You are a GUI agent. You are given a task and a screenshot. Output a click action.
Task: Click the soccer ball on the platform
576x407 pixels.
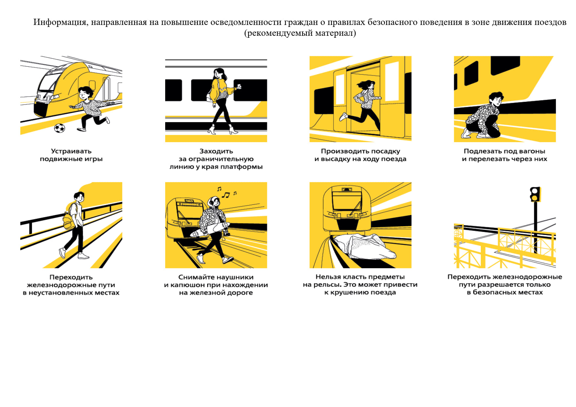tap(59, 128)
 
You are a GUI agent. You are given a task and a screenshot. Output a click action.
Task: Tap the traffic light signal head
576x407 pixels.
tap(535, 194)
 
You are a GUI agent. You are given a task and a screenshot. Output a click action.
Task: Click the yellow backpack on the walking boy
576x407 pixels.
tap(69, 221)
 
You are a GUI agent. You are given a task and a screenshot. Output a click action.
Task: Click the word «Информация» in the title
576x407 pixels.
tap(61, 22)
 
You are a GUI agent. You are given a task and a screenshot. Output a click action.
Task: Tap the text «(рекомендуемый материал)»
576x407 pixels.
tap(300, 33)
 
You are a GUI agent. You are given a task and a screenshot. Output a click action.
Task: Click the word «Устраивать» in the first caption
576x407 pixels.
tap(71, 151)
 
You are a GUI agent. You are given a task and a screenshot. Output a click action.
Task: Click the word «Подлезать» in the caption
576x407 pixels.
tap(482, 151)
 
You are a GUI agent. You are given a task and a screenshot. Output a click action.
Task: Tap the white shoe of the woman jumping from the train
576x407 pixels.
tap(343, 117)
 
